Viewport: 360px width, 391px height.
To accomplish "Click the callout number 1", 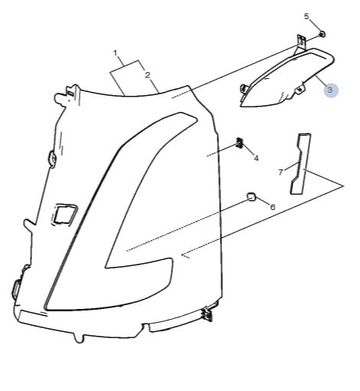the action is point(116,53).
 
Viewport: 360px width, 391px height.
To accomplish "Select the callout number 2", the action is point(147,75).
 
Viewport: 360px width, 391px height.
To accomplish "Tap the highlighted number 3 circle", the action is point(331,90).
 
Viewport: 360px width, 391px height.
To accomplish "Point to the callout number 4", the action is point(256,159).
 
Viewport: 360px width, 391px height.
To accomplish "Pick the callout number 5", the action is point(306,16).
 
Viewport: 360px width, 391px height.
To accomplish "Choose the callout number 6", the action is point(273,207).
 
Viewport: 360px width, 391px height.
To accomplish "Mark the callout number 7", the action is point(280,172).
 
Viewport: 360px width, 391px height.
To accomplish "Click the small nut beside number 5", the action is point(322,34).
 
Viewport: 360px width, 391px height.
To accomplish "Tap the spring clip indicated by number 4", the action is point(239,143).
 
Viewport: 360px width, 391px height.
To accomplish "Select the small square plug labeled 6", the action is point(250,197).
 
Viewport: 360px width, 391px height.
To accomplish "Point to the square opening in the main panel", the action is point(64,214).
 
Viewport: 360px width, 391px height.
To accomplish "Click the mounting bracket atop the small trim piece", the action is point(301,42).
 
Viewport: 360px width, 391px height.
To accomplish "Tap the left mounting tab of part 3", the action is point(243,90).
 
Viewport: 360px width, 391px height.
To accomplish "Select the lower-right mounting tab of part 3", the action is point(300,89).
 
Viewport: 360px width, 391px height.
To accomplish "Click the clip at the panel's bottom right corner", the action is point(208,314).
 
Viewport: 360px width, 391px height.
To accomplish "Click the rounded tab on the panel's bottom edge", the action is point(79,337).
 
